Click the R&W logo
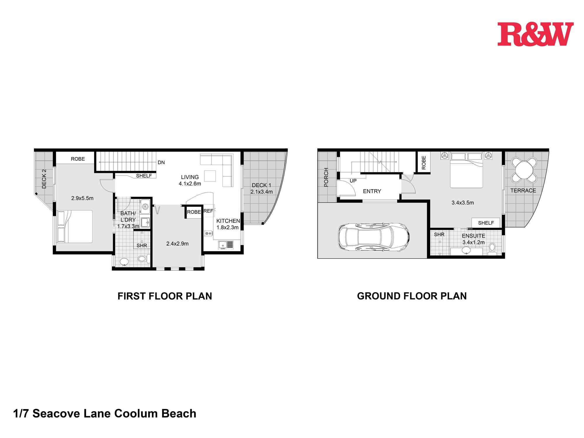coord(535,34)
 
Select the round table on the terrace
coord(524,170)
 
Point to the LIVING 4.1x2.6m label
coord(190,180)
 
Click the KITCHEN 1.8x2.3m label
coord(228,224)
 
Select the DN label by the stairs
coord(161,162)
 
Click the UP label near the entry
coord(353,181)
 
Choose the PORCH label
coord(326,177)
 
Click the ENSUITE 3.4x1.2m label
coord(473,239)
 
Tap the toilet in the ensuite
coord(492,248)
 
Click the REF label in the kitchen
coord(208,211)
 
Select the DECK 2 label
coord(44,179)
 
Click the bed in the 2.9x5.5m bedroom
coord(75,226)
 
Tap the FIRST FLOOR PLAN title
coord(165,296)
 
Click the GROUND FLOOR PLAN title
coord(412,296)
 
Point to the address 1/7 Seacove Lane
coord(105,414)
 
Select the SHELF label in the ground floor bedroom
coord(486,223)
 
